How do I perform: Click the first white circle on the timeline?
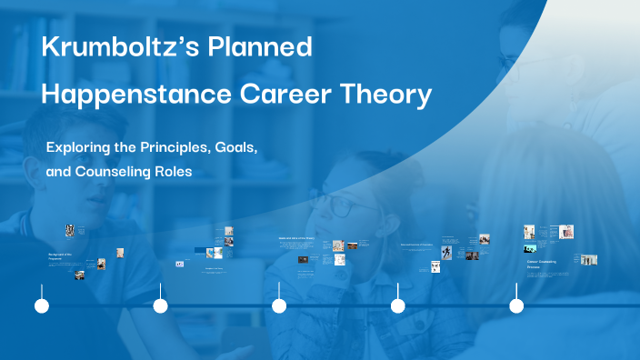coord(41,306)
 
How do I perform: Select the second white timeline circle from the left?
coord(160,306)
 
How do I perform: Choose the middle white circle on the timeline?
coord(279,306)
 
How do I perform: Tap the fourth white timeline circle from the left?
coord(397,306)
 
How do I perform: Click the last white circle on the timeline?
coord(516,306)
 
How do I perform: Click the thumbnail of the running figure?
coord(446,252)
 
